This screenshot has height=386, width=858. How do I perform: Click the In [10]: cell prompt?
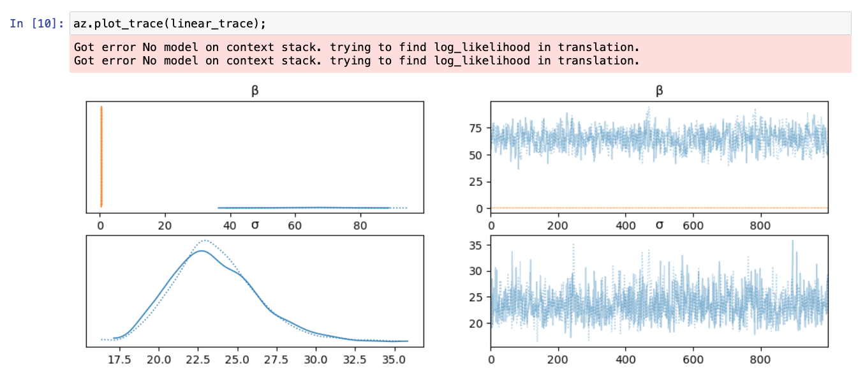36,24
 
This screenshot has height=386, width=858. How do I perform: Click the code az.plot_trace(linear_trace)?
169,24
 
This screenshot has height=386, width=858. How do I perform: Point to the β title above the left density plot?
255,91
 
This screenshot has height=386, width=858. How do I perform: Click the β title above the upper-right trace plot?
659,91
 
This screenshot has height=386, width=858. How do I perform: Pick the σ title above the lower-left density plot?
255,225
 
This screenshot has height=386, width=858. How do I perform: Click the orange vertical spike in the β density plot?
101,156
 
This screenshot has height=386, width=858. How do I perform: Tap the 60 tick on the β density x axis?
295,225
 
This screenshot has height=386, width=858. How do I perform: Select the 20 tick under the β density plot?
165,225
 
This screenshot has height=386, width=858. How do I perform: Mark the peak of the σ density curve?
202,251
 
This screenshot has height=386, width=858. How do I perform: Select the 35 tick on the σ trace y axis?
476,245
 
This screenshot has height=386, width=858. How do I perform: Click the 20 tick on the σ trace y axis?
476,323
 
